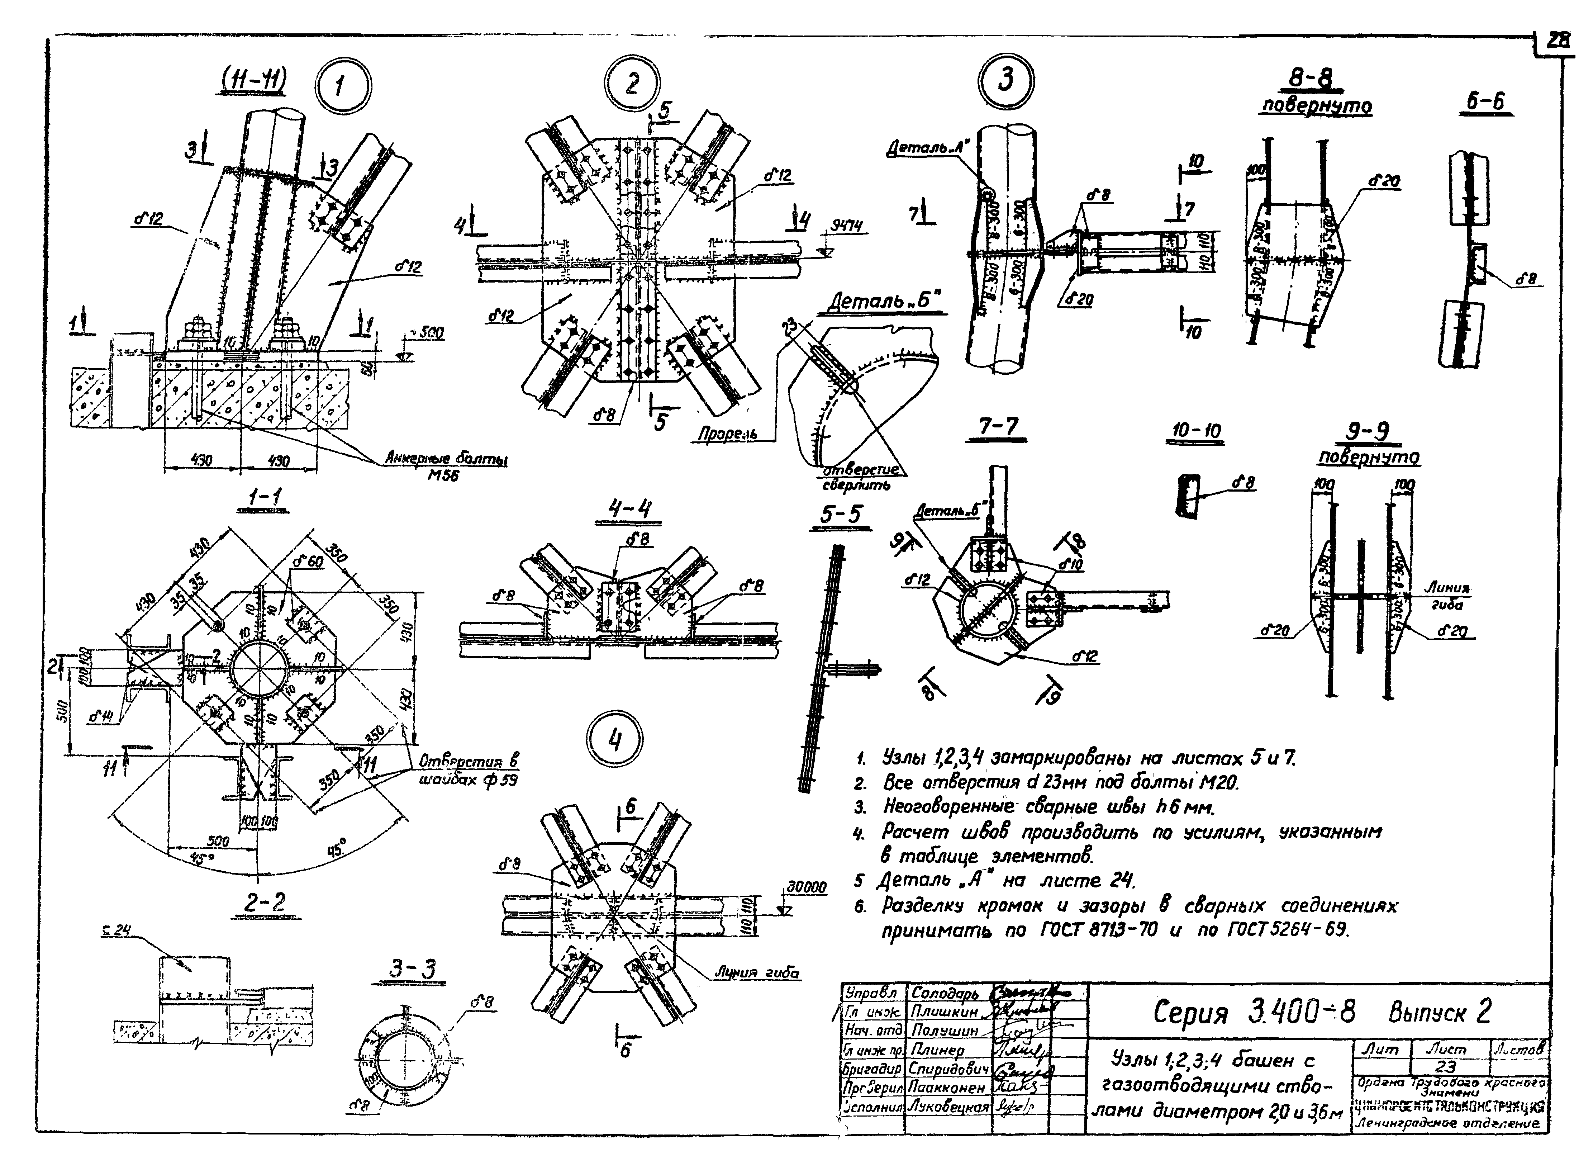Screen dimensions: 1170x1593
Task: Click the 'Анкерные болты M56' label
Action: [x=446, y=466]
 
